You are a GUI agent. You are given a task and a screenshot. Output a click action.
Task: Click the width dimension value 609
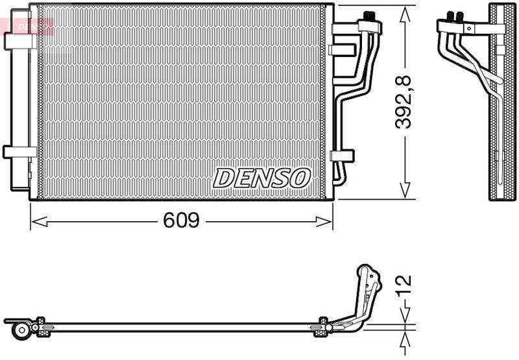coord(180,222)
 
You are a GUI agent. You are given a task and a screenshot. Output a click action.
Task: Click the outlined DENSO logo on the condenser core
coord(262,177)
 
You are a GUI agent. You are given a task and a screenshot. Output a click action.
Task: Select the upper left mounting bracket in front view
coord(20,40)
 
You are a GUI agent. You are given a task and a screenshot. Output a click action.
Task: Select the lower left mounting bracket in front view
coord(20,152)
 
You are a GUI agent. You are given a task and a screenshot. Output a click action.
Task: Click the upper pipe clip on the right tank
coord(341,50)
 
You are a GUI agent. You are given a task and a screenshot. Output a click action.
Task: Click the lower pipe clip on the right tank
coord(341,156)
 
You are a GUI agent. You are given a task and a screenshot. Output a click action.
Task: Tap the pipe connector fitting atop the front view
coord(370,22)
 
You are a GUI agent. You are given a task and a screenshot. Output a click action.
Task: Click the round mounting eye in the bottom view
coord(21,330)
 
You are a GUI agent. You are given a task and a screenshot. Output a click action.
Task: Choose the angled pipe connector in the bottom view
coord(367,292)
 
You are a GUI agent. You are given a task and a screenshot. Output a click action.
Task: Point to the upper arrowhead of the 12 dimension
coord(404,317)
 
